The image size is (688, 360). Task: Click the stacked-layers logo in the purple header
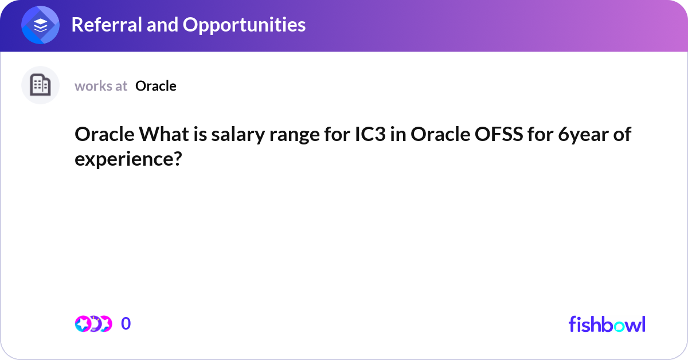tap(41, 25)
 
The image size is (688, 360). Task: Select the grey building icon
tap(40, 85)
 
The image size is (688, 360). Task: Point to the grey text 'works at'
tap(101, 86)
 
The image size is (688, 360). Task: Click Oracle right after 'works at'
tap(156, 86)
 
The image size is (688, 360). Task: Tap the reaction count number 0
tap(126, 324)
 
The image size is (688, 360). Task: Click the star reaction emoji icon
tap(83, 324)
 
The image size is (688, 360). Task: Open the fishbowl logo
tap(607, 324)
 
